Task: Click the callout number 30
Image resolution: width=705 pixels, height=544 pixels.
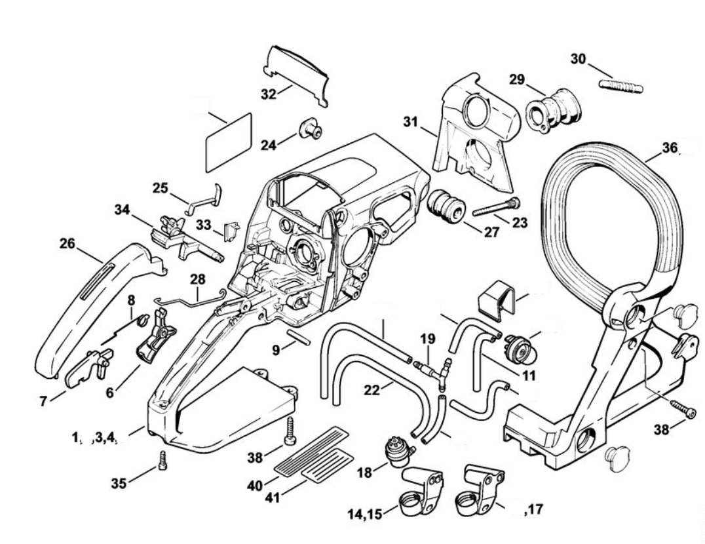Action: (578, 58)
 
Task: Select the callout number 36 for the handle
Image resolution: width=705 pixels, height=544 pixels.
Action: (670, 148)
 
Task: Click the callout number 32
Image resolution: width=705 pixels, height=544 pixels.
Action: (268, 94)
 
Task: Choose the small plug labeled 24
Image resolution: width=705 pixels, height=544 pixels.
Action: (309, 129)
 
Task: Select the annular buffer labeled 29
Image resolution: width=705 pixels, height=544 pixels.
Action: (553, 113)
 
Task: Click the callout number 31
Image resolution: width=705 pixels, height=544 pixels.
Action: (411, 121)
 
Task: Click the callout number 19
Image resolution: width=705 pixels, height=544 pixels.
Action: (428, 339)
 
